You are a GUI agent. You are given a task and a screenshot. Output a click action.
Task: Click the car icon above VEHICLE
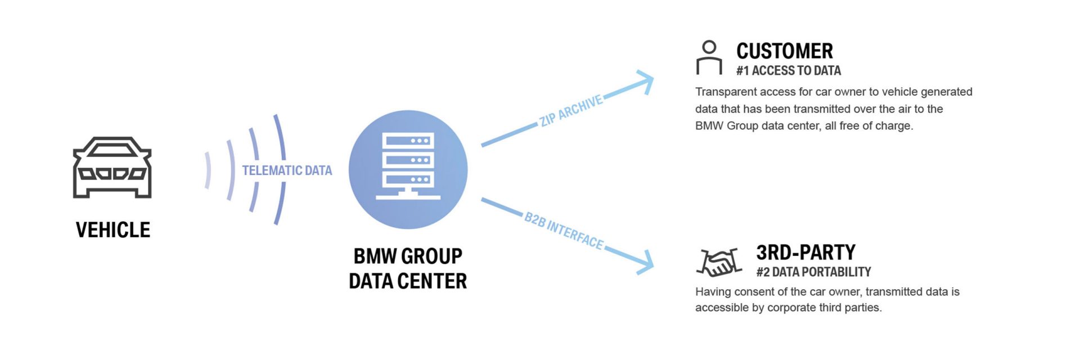pos(112,167)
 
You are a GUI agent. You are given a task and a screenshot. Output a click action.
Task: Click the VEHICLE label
pos(113,230)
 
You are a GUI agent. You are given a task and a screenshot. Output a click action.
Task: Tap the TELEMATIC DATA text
pos(287,170)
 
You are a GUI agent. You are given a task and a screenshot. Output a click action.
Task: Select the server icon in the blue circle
pos(408,166)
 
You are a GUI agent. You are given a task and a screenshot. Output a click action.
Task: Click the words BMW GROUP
pos(408,256)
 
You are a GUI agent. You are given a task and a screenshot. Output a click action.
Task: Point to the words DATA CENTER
pos(408,281)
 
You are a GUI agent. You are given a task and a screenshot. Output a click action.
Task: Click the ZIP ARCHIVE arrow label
pos(570,110)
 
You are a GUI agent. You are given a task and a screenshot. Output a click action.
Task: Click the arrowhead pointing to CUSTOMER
pos(647,81)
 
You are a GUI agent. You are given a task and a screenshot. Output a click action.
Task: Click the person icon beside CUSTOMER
pos(709,57)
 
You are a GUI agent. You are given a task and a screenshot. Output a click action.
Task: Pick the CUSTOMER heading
pos(785,51)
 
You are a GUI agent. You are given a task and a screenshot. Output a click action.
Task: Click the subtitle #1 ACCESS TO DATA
pos(789,71)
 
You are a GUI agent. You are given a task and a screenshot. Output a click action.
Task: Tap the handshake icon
pos(718,262)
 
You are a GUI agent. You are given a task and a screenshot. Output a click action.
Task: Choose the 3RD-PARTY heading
pos(805,253)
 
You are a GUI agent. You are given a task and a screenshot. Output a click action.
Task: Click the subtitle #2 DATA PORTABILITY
pos(813,272)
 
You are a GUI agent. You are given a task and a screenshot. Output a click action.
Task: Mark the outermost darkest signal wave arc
pos(281,169)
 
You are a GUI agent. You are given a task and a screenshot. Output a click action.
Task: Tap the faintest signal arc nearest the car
pos(208,170)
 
